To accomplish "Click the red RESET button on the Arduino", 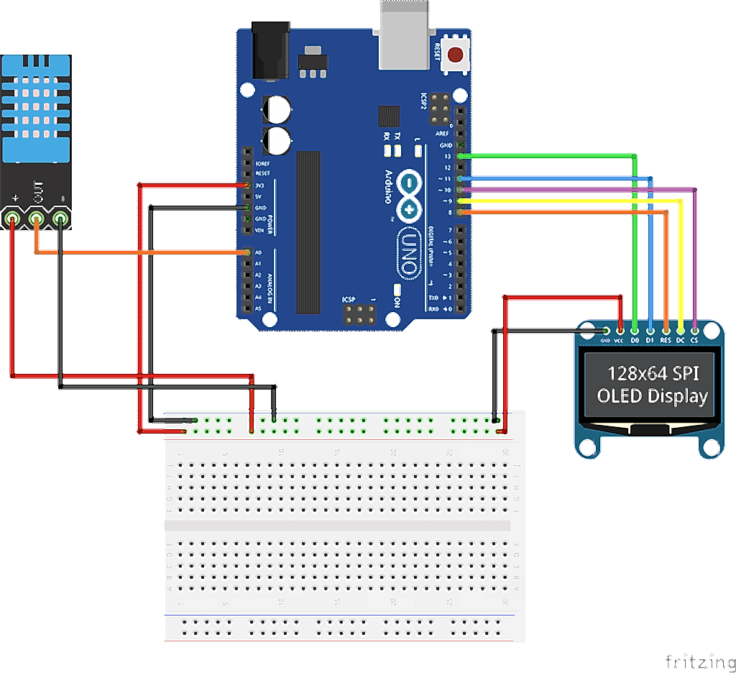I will (x=456, y=54).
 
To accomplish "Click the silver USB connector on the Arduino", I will (x=406, y=34).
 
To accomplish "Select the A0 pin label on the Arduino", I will (x=259, y=253).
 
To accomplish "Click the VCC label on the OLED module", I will (x=618, y=340).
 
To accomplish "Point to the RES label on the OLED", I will (x=666, y=340).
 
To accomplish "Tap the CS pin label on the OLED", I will (x=694, y=340).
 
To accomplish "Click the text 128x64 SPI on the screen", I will (x=653, y=373).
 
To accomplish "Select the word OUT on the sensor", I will (x=37, y=193).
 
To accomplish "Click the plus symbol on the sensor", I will (x=16, y=196).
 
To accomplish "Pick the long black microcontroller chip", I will (x=308, y=232).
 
